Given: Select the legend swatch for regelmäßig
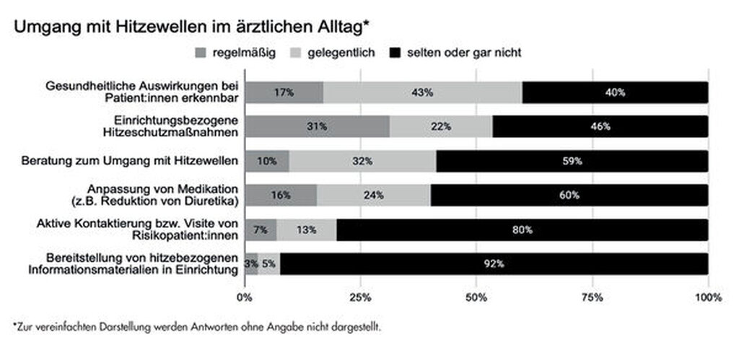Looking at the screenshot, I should (201, 53).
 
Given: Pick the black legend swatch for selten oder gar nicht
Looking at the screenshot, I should (395, 53).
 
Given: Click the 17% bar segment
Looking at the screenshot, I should (284, 92).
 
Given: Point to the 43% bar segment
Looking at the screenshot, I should (422, 92).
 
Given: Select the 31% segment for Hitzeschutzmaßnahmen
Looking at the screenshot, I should (317, 126).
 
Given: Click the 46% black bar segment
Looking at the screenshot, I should (600, 126).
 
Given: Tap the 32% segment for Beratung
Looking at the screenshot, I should (362, 161).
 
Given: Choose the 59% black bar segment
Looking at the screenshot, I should (572, 161).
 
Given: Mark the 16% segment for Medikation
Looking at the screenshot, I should (281, 195).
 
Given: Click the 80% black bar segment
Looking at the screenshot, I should (522, 229).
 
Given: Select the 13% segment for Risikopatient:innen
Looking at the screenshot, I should (307, 229).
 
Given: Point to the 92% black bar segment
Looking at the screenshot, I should (494, 263).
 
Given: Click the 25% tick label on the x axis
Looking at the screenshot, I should (360, 297).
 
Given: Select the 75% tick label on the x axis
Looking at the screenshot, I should (592, 297).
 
